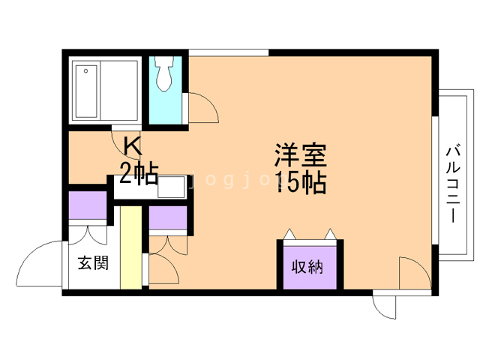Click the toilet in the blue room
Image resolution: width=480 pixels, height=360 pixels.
(164, 73)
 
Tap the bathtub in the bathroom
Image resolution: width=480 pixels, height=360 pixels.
(86, 91)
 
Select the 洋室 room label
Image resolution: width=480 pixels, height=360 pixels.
(300, 155)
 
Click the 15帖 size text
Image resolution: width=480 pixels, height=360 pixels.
(300, 182)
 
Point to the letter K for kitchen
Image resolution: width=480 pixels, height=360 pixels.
(133, 147)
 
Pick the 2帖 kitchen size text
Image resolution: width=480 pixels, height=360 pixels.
(139, 173)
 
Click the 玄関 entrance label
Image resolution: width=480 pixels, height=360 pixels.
(93, 262)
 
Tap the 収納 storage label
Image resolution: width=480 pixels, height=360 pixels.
(307, 267)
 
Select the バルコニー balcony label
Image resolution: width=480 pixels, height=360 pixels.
(453, 184)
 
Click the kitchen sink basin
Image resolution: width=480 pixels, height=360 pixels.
(172, 187)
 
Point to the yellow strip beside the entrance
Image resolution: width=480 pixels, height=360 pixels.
(131, 247)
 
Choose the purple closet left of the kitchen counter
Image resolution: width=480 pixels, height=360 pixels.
(88, 205)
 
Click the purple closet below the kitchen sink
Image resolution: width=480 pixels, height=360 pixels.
(168, 217)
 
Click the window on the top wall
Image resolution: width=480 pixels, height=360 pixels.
(228, 52)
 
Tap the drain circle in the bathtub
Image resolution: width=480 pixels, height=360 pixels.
(86, 71)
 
